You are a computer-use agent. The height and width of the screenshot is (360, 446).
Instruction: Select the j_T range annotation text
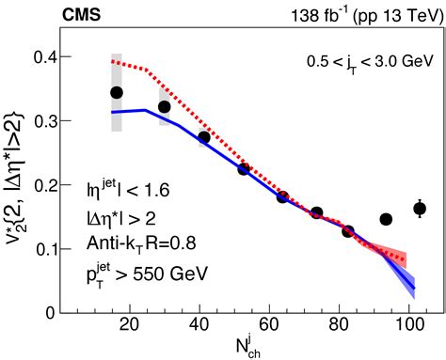(356, 61)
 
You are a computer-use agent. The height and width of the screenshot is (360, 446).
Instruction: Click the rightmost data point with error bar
(420, 209)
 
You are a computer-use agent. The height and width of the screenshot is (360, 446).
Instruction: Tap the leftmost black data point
(117, 92)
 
